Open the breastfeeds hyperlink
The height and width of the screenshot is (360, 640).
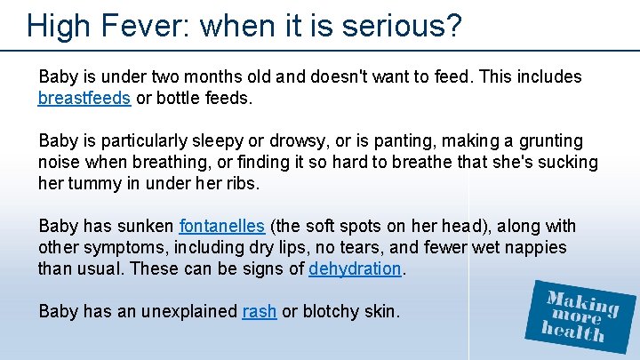point(84,98)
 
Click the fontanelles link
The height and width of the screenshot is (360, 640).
point(221,227)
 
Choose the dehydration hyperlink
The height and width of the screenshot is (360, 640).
point(356,268)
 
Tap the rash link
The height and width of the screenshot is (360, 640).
point(259,311)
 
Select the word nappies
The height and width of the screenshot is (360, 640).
point(534,247)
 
